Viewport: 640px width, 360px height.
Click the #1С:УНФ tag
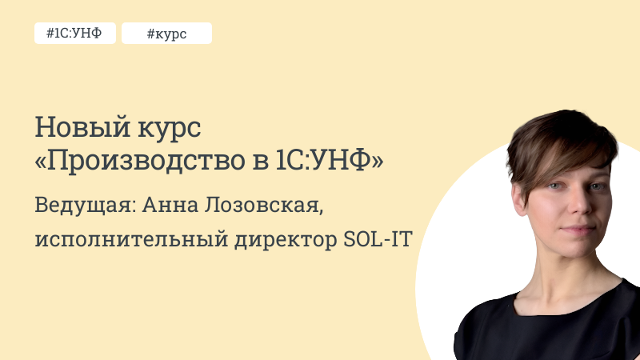[x=74, y=34]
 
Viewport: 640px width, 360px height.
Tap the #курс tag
[x=166, y=34]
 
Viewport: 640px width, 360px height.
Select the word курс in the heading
[x=159, y=128]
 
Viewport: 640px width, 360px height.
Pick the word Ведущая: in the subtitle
[x=86, y=204]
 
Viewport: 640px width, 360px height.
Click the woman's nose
[x=571, y=210]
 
